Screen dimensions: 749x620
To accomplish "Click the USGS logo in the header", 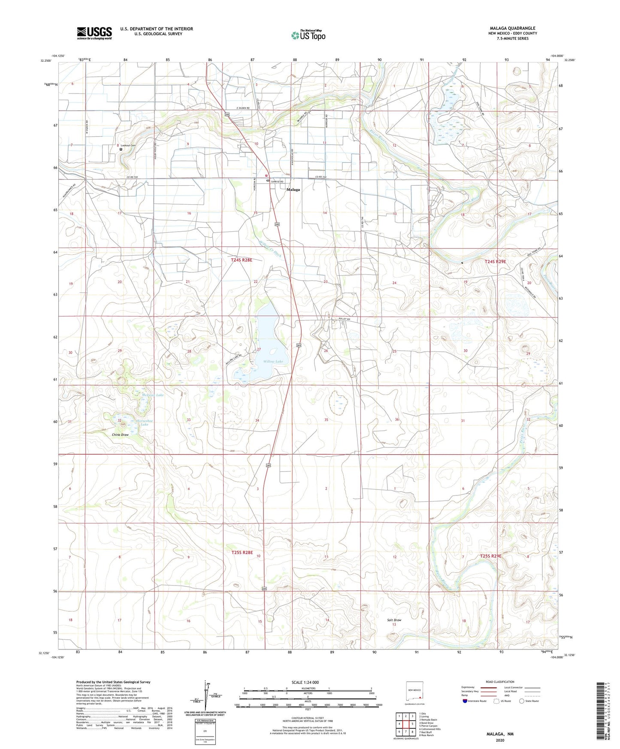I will click(x=94, y=33).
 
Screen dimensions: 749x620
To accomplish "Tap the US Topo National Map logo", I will click(x=308, y=35).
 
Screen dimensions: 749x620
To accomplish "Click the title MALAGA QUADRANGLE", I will click(x=512, y=28).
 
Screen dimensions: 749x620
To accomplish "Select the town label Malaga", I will click(x=293, y=190).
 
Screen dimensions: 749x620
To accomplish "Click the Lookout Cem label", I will click(x=128, y=145).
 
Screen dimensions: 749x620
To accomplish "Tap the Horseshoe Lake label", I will click(x=145, y=423).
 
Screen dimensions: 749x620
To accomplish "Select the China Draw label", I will click(x=120, y=435).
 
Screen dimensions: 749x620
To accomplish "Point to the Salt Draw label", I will click(x=394, y=620).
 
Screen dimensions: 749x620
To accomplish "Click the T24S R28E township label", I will click(x=242, y=260).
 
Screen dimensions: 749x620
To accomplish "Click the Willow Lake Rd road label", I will click(x=234, y=356).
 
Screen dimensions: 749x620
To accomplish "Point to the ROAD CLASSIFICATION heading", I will click(x=500, y=682).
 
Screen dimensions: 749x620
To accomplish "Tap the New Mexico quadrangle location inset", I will click(x=414, y=693).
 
